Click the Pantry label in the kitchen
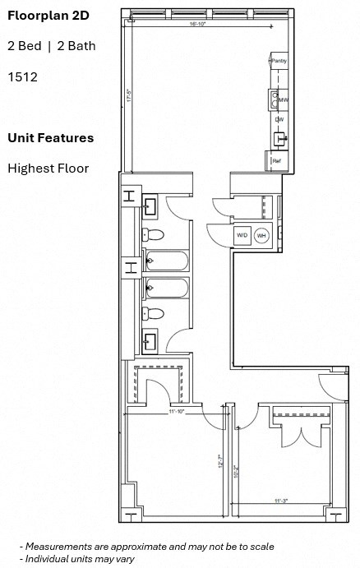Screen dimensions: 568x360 pyautogui.click(x=279, y=61)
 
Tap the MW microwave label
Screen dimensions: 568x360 pyautogui.click(x=281, y=100)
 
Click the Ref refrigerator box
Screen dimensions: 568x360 pyautogui.click(x=278, y=161)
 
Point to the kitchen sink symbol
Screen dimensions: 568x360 pyautogui.click(x=279, y=137)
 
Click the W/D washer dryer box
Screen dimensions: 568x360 pyautogui.click(x=242, y=236)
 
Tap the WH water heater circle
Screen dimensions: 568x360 pyautogui.click(x=262, y=236)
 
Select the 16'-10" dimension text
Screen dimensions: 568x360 pyautogui.click(x=197, y=25)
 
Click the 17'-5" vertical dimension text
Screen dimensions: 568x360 pyautogui.click(x=129, y=95)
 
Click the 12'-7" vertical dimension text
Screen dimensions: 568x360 pyautogui.click(x=220, y=462)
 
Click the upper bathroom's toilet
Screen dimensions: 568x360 pyautogui.click(x=154, y=235)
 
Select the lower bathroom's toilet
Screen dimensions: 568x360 pyautogui.click(x=154, y=313)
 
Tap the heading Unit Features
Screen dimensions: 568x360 pyautogui.click(x=50, y=137)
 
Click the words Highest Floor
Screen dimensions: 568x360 pyautogui.click(x=48, y=169)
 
